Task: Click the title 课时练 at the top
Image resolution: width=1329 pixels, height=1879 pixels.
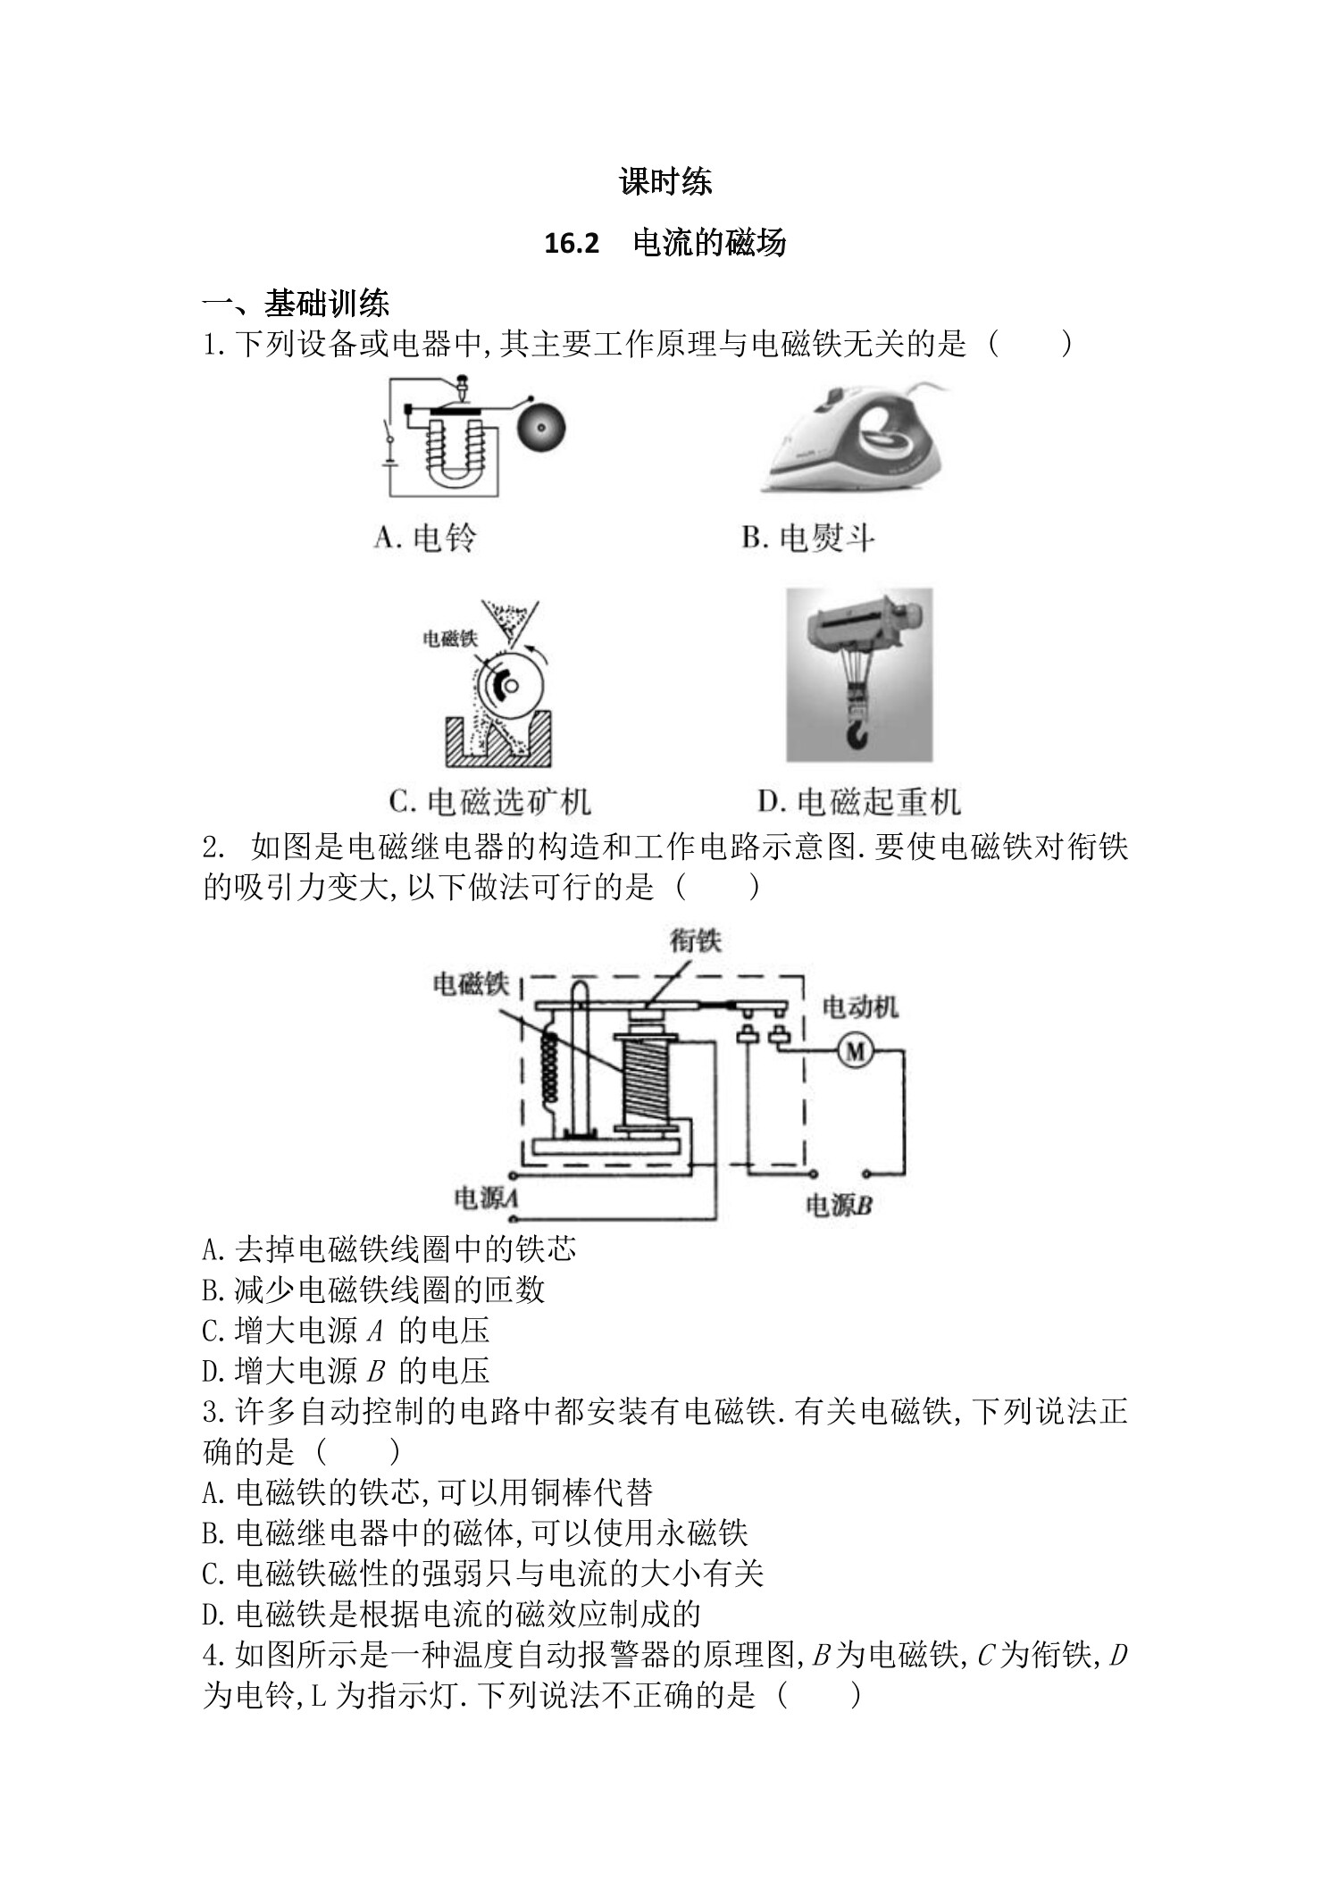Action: (x=664, y=182)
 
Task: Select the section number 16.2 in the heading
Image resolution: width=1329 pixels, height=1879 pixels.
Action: (x=571, y=243)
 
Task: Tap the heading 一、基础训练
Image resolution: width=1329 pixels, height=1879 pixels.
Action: (x=296, y=304)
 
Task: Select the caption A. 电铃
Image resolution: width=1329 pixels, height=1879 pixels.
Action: (x=425, y=538)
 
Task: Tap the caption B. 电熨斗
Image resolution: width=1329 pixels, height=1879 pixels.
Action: (x=807, y=538)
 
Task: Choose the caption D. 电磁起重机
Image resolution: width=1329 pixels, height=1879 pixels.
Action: (x=858, y=801)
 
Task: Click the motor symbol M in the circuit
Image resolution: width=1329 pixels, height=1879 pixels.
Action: (x=855, y=1052)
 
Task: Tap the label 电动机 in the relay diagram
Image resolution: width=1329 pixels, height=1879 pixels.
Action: (x=859, y=1007)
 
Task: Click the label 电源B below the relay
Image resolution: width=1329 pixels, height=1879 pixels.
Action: (x=838, y=1207)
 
